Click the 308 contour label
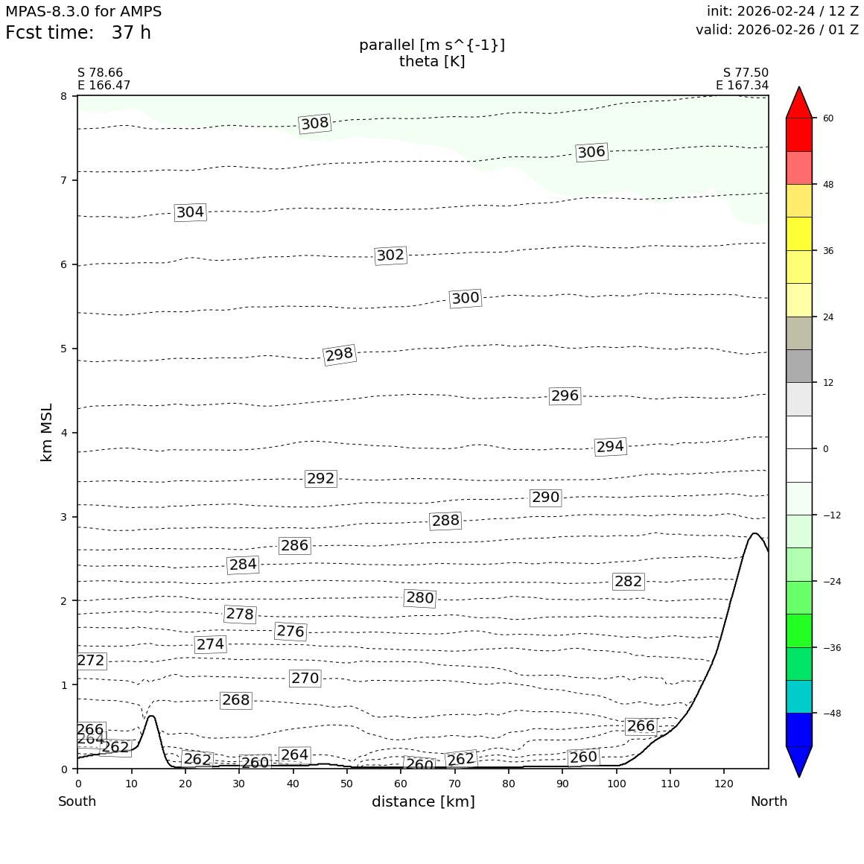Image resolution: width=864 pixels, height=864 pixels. click(x=314, y=124)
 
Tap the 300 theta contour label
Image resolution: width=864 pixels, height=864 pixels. click(x=466, y=299)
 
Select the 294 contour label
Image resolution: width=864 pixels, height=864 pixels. click(x=610, y=447)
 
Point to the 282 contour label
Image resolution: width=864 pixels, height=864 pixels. click(x=628, y=582)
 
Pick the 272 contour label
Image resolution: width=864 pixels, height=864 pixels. click(x=91, y=661)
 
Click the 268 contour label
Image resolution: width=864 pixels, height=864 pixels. click(x=236, y=700)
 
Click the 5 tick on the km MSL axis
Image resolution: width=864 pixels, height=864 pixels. click(x=63, y=349)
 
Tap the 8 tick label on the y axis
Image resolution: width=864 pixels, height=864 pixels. click(x=63, y=96)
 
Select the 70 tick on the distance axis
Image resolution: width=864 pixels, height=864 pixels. click(x=454, y=784)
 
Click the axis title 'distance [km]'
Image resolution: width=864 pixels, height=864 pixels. click(x=423, y=802)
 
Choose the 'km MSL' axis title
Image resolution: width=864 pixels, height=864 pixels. click(x=47, y=433)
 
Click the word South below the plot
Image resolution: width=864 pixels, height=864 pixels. click(x=77, y=802)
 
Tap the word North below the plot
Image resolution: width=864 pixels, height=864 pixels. click(x=769, y=802)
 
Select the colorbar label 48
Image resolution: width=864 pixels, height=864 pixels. click(x=828, y=185)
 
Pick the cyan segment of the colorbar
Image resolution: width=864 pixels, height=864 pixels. click(x=800, y=696)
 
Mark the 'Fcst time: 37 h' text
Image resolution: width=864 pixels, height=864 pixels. click(x=78, y=34)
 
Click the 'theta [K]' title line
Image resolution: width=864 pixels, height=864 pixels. click(x=432, y=62)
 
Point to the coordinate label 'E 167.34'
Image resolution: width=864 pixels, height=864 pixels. click(x=742, y=86)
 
